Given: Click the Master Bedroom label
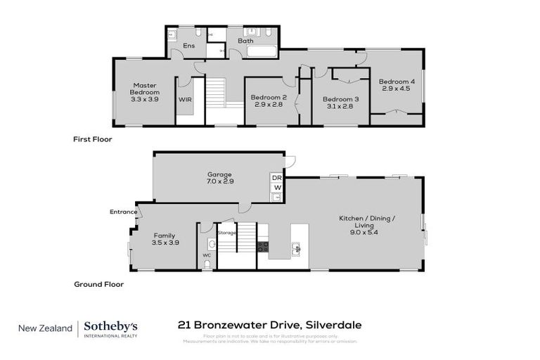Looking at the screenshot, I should coord(144,89).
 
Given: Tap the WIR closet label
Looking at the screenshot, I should coord(184,100).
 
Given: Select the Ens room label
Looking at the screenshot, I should coord(188,46).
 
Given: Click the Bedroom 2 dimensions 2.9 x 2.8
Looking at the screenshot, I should coord(269,104).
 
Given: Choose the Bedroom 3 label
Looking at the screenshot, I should coord(341,99).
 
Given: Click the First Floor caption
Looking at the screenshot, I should coord(92,139).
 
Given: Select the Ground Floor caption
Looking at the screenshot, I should coord(98,285).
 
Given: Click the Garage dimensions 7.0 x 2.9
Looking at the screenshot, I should coord(219,181).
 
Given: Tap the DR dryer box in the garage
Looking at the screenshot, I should coord(276,178).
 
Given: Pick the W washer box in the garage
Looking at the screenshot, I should coord(276,188).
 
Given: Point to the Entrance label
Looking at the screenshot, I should coord(122,211).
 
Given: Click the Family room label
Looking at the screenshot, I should coord(164,236).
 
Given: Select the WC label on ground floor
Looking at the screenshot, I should coord(207,255).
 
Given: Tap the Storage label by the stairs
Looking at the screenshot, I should coord(226,232).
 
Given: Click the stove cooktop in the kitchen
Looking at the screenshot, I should coord(264,247).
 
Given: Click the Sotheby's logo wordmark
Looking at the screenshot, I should coord(110,326).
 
